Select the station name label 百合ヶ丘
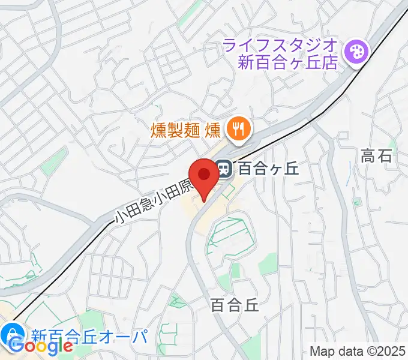(268, 169)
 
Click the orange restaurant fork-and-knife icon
(238, 128)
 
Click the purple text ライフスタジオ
(280, 45)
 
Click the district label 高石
(376, 157)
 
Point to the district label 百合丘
(235, 305)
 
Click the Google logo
(41, 346)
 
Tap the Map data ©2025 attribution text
(356, 351)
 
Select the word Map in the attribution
(322, 351)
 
